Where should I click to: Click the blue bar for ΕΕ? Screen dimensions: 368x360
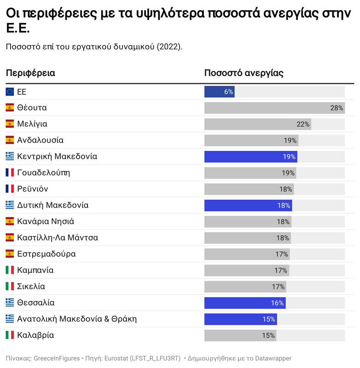pyautogui.click(x=219, y=92)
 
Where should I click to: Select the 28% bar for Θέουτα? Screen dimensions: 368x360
pyautogui.click(x=274, y=108)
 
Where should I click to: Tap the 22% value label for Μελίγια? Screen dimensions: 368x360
pyautogui.click(x=303, y=124)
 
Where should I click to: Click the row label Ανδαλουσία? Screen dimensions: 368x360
pyautogui.click(x=40, y=140)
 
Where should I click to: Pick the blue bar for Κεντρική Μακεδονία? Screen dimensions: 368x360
pyautogui.click(x=250, y=157)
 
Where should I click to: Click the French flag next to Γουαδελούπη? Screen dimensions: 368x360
pyautogui.click(x=10, y=173)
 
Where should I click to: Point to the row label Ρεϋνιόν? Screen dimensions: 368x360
pyautogui.click(x=32, y=189)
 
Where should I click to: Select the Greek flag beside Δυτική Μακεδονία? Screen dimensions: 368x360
pyautogui.click(x=10, y=205)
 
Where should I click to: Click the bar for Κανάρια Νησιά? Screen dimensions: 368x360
pyautogui.click(x=248, y=222)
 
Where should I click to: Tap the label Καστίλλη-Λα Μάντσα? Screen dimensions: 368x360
pyautogui.click(x=57, y=238)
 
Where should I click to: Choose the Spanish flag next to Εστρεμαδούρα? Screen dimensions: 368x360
pyautogui.click(x=10, y=254)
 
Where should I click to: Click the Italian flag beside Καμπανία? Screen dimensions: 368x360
pyautogui.click(x=10, y=270)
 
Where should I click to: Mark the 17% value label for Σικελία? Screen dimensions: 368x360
pyautogui.click(x=278, y=287)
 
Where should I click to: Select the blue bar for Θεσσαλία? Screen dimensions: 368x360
pyautogui.click(x=245, y=303)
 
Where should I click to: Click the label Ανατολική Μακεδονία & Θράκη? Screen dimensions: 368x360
pyautogui.click(x=76, y=319)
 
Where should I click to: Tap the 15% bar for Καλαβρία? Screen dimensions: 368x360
pyautogui.click(x=240, y=335)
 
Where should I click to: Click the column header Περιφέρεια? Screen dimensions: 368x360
pyautogui.click(x=30, y=73)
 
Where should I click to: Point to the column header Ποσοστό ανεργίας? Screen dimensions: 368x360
pyautogui.click(x=244, y=73)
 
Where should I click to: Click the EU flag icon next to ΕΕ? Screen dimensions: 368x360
pyautogui.click(x=10, y=92)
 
